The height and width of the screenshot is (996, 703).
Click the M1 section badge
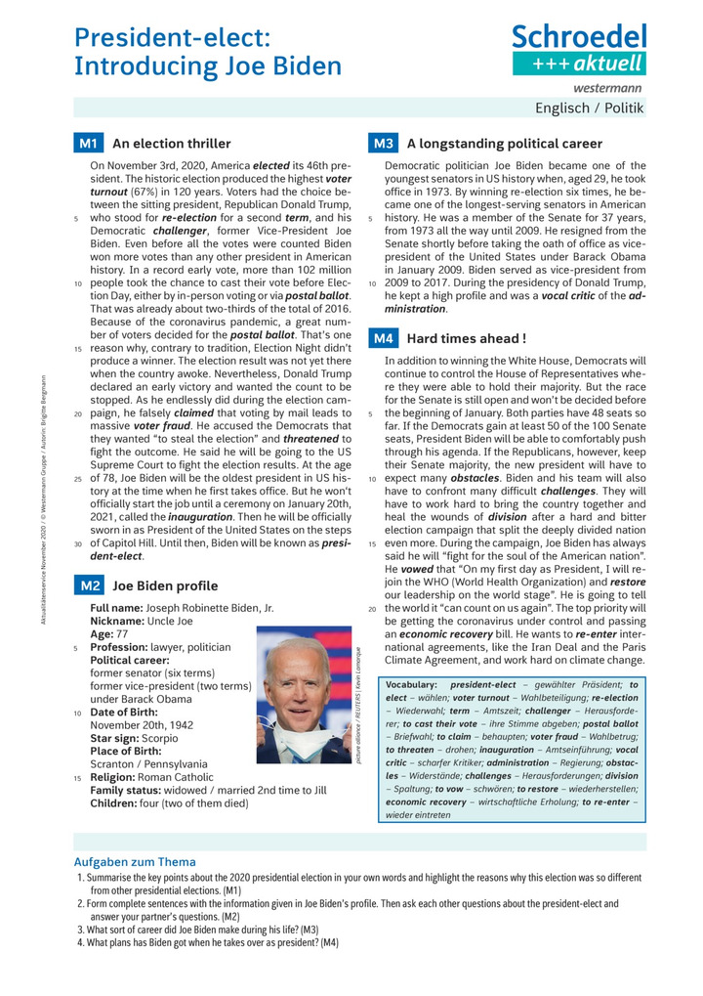[88, 144]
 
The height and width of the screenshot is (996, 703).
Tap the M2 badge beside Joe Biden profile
[88, 585]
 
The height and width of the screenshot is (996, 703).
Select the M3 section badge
[382, 144]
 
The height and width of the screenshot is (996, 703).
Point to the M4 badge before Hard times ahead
[382, 338]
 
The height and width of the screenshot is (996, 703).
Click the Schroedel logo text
[579, 38]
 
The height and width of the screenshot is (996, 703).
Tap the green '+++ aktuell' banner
[579, 64]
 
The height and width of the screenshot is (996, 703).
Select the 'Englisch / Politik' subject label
[590, 108]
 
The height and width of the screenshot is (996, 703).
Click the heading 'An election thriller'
[172, 144]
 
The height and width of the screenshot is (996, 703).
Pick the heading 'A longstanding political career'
[497, 144]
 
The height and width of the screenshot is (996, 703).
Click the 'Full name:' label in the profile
[115, 608]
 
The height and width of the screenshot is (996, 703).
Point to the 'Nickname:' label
[117, 621]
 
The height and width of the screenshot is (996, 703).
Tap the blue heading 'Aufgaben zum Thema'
[135, 861]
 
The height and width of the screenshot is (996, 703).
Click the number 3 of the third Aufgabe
[80, 930]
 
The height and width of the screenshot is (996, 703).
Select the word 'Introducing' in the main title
[138, 66]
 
